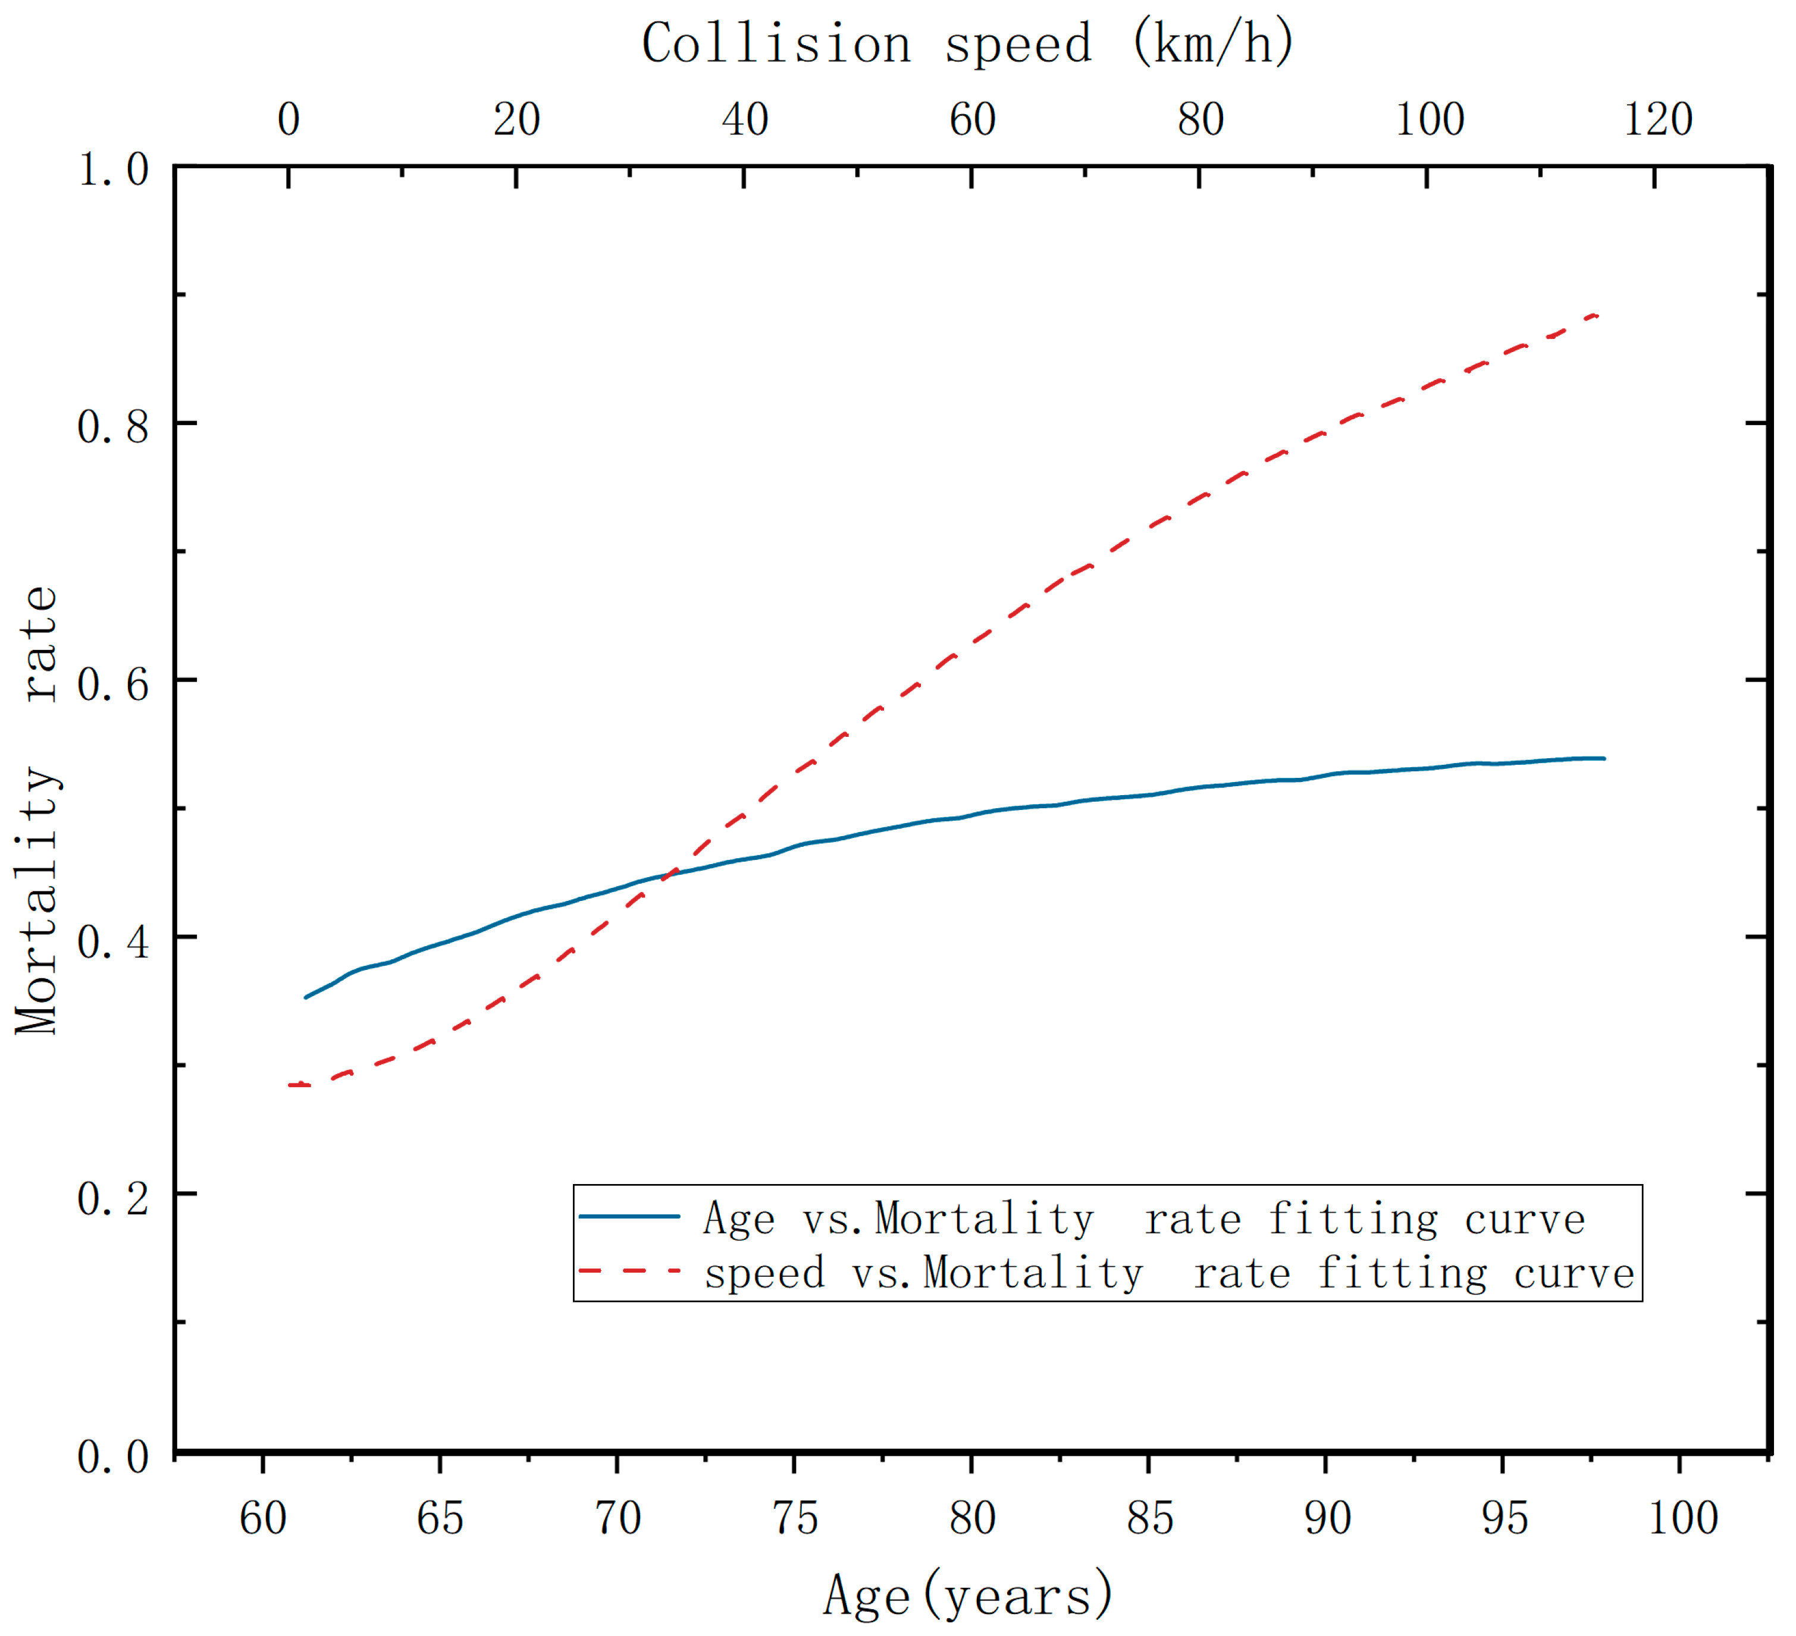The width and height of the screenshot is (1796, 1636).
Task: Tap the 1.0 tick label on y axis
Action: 113,170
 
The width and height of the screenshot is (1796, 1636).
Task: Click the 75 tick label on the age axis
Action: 795,1518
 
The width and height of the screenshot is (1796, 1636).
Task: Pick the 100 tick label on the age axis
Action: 1682,1518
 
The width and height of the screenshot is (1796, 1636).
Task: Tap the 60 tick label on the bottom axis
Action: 264,1518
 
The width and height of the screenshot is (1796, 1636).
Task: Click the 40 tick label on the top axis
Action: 745,120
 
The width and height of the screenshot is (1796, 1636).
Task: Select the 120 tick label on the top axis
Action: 1657,120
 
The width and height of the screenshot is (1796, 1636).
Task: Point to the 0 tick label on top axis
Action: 289,120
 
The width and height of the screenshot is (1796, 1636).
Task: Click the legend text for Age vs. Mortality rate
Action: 1145,1219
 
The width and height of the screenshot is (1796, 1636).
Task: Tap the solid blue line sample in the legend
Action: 630,1217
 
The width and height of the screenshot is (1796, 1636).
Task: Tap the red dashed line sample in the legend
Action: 630,1271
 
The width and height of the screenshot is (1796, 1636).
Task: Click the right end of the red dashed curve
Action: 1599,316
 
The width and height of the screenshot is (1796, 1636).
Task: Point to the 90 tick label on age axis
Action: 1327,1518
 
